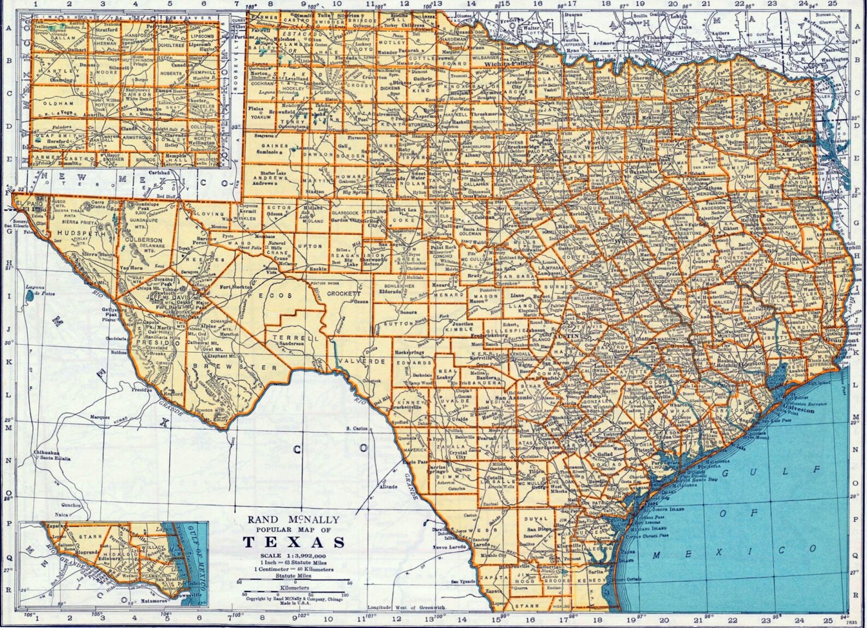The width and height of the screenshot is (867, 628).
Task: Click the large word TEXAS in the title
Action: (x=294, y=542)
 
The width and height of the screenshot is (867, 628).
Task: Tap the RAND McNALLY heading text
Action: (x=294, y=519)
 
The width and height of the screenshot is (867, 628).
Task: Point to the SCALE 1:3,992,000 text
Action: (x=294, y=556)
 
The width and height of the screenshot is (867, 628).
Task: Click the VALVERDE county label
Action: (x=354, y=362)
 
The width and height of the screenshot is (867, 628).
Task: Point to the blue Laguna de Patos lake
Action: (x=29, y=297)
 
